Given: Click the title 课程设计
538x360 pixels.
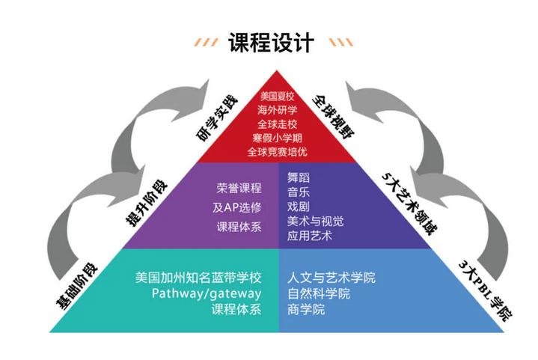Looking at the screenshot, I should click(270, 42).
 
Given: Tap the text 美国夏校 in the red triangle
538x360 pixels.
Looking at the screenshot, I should click(278, 97).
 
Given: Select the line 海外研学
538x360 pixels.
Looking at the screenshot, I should click(278, 110).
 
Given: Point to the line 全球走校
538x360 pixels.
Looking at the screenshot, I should click(278, 123).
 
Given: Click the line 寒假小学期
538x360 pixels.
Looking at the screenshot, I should click(278, 138).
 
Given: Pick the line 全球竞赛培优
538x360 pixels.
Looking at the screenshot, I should click(278, 152).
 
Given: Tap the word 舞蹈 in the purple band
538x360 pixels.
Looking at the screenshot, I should click(299, 177).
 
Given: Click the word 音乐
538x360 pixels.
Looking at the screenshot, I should click(299, 192).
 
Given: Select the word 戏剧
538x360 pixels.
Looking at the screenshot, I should click(299, 206).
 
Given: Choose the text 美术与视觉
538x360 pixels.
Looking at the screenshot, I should click(316, 221).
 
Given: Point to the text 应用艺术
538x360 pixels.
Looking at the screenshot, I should click(310, 236).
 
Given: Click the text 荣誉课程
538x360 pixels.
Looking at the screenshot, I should click(239, 188).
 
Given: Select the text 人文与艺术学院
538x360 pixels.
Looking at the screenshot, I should click(331, 278).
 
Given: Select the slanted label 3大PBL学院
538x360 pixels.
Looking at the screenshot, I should click(486, 290).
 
